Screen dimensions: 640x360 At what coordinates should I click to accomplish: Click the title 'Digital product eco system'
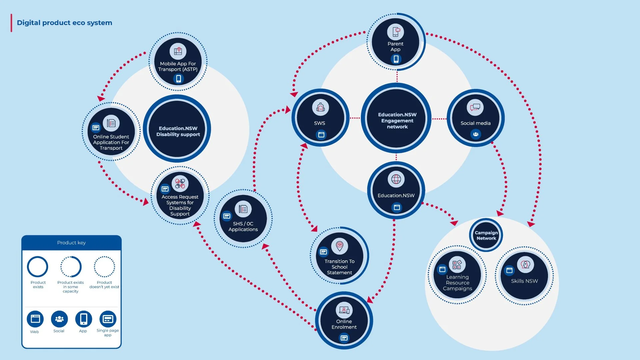(64, 23)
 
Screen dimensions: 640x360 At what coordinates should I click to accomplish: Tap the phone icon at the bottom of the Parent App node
(396, 59)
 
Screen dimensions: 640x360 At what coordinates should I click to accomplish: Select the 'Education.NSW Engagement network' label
(397, 121)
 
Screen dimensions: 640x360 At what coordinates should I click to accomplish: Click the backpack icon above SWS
(320, 107)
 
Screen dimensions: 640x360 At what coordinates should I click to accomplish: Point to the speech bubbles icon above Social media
(475, 107)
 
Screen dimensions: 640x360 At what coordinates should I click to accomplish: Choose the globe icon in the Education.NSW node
(396, 179)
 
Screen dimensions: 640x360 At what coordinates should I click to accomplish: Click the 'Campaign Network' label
(486, 235)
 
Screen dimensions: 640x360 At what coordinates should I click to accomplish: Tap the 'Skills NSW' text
(524, 281)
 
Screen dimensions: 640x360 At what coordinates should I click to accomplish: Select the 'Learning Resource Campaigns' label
(457, 283)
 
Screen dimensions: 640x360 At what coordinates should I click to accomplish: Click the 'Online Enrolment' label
(344, 324)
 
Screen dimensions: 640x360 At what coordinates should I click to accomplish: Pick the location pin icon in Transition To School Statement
(339, 246)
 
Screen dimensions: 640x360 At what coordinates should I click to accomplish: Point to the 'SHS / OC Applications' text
(243, 226)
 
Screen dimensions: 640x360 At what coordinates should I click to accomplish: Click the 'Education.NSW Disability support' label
(178, 131)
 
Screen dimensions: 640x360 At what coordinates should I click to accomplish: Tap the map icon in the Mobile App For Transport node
(178, 51)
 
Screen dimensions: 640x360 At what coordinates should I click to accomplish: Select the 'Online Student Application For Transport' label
(111, 142)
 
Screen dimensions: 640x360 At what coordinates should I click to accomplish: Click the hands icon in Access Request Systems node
(180, 183)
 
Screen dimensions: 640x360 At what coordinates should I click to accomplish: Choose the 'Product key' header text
(71, 243)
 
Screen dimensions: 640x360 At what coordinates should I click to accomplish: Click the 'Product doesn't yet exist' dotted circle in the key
(104, 267)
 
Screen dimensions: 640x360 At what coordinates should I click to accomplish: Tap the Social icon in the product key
(59, 319)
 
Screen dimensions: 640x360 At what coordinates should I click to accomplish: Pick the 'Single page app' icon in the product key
(108, 319)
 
